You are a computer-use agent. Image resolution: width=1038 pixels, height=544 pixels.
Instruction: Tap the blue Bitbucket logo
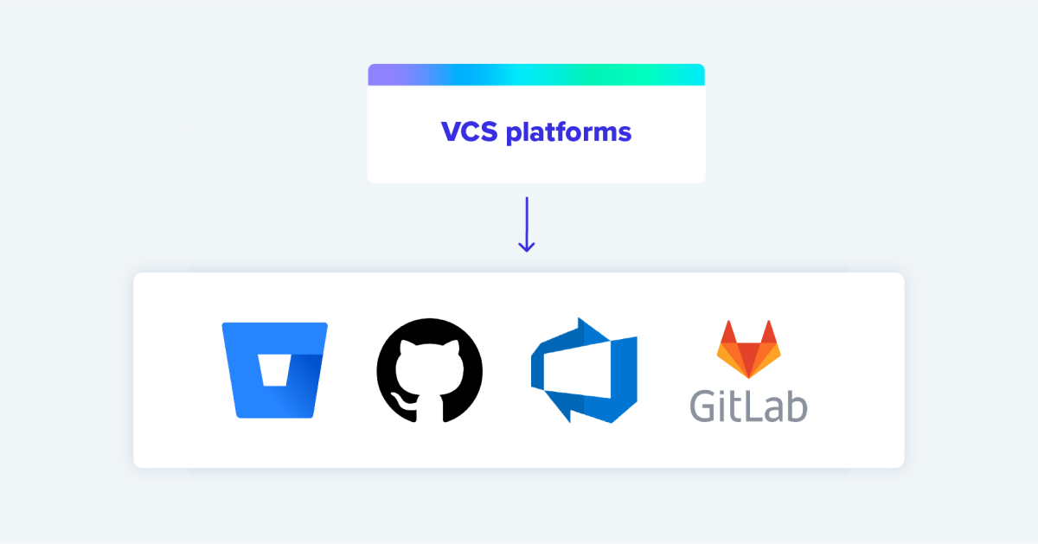[x=274, y=370]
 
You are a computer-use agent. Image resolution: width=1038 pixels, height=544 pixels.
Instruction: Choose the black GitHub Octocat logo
[x=429, y=369]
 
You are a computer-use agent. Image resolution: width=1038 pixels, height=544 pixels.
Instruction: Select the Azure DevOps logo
[x=584, y=370]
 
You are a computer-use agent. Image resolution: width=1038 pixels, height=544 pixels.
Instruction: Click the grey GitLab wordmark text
[x=749, y=404]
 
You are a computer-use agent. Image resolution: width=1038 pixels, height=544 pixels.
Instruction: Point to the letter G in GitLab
[x=705, y=405]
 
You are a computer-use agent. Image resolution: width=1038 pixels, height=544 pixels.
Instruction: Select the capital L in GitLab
[x=756, y=404]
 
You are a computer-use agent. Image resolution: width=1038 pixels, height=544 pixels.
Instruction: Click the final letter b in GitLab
[x=798, y=405]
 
